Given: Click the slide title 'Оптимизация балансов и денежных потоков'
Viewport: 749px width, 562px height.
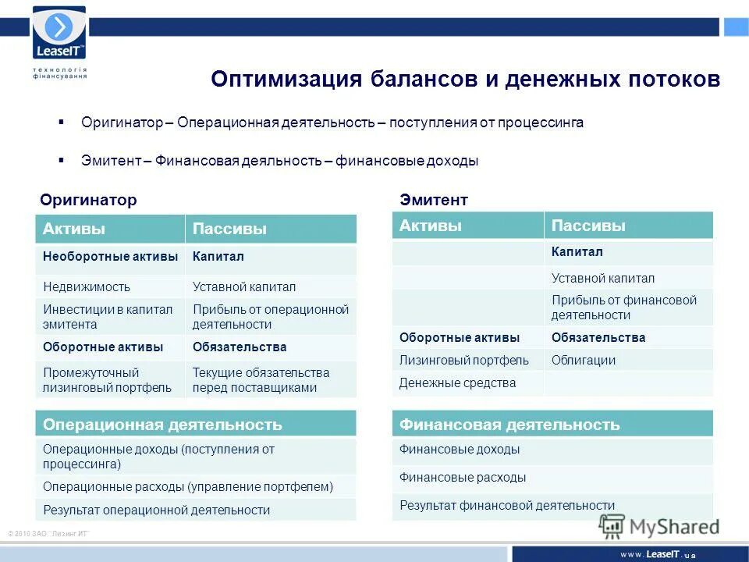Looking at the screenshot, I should click(465, 80).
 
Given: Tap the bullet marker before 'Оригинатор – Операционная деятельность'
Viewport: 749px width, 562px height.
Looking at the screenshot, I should click(62, 123).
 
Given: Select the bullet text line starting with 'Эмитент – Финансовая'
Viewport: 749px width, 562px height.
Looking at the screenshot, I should click(279, 161).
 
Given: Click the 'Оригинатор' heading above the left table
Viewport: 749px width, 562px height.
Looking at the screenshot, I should click(88, 201).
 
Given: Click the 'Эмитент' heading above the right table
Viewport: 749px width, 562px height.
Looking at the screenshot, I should click(434, 201).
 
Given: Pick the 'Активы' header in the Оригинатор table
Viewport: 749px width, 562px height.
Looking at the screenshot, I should click(74, 229).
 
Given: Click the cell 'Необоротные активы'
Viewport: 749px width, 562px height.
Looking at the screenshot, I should click(110, 257).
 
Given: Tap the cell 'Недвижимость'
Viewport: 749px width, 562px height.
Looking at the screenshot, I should click(87, 286).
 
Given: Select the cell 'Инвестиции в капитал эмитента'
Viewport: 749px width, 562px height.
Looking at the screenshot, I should click(108, 316).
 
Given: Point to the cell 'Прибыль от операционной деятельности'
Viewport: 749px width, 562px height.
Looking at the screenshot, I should click(270, 316).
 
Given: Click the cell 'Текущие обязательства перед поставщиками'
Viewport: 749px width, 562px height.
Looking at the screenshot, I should click(261, 379).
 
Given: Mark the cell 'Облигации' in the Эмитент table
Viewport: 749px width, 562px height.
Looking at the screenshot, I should click(583, 360).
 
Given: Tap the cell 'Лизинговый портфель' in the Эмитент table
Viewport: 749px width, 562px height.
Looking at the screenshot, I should click(463, 360).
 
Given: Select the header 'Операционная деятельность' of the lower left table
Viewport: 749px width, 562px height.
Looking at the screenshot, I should click(162, 425).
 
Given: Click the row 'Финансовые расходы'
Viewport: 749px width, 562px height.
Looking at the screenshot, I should click(463, 477).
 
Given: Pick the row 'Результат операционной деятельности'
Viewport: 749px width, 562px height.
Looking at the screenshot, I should click(156, 510).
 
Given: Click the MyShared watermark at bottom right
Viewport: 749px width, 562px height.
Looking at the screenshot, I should click(659, 527).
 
